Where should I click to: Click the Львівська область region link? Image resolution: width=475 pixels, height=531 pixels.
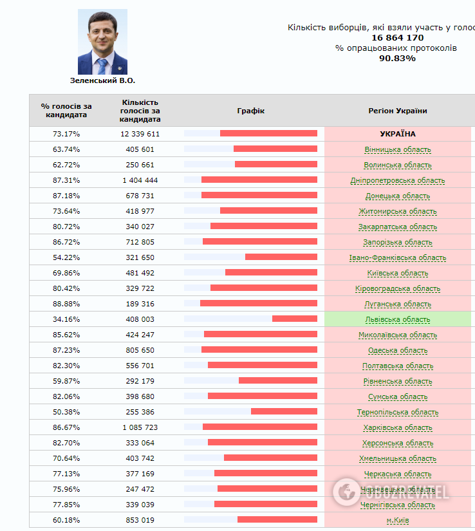[397, 319]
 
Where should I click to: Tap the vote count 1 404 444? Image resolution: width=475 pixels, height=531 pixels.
[140, 180]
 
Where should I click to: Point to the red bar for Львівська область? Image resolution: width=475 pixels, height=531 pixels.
[294, 319]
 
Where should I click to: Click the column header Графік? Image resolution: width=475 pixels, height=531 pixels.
[250, 111]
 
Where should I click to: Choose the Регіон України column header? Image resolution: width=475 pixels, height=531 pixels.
[397, 111]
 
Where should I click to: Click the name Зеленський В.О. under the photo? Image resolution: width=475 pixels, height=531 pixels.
[102, 81]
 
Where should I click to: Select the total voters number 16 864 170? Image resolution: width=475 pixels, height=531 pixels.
[397, 38]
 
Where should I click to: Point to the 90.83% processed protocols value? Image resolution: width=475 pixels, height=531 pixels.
[397, 59]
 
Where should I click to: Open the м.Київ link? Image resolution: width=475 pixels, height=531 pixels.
[397, 520]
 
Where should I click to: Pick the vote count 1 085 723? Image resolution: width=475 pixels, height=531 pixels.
[140, 427]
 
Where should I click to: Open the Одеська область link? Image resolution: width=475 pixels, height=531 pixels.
[397, 350]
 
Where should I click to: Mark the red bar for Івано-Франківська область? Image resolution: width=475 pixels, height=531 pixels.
[281, 257]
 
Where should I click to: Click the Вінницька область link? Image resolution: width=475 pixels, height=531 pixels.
[397, 149]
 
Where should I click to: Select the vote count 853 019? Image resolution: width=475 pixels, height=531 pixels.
[140, 520]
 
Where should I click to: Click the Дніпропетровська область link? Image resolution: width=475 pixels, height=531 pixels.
[397, 180]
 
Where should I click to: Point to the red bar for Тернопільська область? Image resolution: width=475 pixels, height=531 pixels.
[284, 411]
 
